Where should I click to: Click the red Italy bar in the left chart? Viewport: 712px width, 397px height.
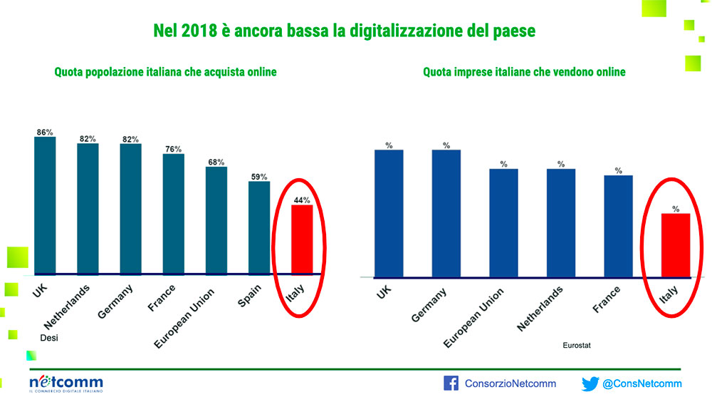point(302,239)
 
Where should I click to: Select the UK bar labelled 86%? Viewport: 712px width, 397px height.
point(45,205)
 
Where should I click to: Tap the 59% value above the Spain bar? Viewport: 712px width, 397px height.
point(258,176)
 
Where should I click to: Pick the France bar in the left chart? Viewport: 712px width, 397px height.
point(174,214)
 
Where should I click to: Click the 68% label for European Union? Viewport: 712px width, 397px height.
point(216,161)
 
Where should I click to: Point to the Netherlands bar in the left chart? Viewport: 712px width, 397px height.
point(88,209)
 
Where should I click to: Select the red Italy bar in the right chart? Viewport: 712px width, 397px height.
point(676,245)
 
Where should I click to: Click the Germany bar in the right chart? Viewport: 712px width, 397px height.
point(446,213)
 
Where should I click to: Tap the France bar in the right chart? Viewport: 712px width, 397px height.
point(618,226)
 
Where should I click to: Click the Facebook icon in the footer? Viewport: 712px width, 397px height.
point(451,383)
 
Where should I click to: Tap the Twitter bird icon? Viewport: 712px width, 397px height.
point(590,383)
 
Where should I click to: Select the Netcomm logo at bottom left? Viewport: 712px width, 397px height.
point(66,383)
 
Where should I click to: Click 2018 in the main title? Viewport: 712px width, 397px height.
point(193,31)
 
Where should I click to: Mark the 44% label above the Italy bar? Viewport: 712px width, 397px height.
point(302,200)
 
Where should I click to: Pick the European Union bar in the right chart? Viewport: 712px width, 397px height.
point(503,223)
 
